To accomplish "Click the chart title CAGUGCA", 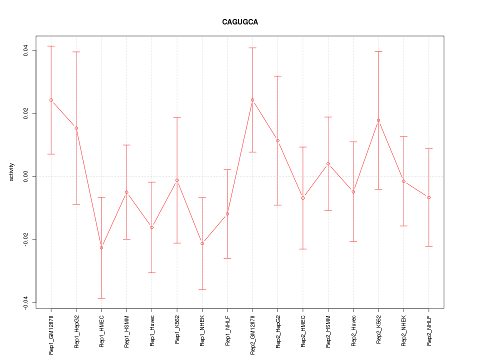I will point(240,22).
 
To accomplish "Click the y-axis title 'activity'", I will point(11,172).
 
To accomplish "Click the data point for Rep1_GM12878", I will point(51,100).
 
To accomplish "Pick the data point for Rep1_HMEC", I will point(101,247).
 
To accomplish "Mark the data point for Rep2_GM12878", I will point(252,100).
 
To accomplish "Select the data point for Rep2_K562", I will point(378,120).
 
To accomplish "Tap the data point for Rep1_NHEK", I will point(202,243).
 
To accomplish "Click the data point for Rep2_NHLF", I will point(429,197).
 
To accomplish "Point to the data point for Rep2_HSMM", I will point(328,163).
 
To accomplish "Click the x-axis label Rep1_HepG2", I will point(76,331).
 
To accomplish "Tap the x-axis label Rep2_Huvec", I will point(353,331).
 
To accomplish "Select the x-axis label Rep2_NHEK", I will point(404,330).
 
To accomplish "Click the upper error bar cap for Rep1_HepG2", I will point(76,52).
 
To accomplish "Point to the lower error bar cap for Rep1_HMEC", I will point(101,298).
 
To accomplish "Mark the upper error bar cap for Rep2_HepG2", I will point(277,76).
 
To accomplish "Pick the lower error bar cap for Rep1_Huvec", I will point(151,272).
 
